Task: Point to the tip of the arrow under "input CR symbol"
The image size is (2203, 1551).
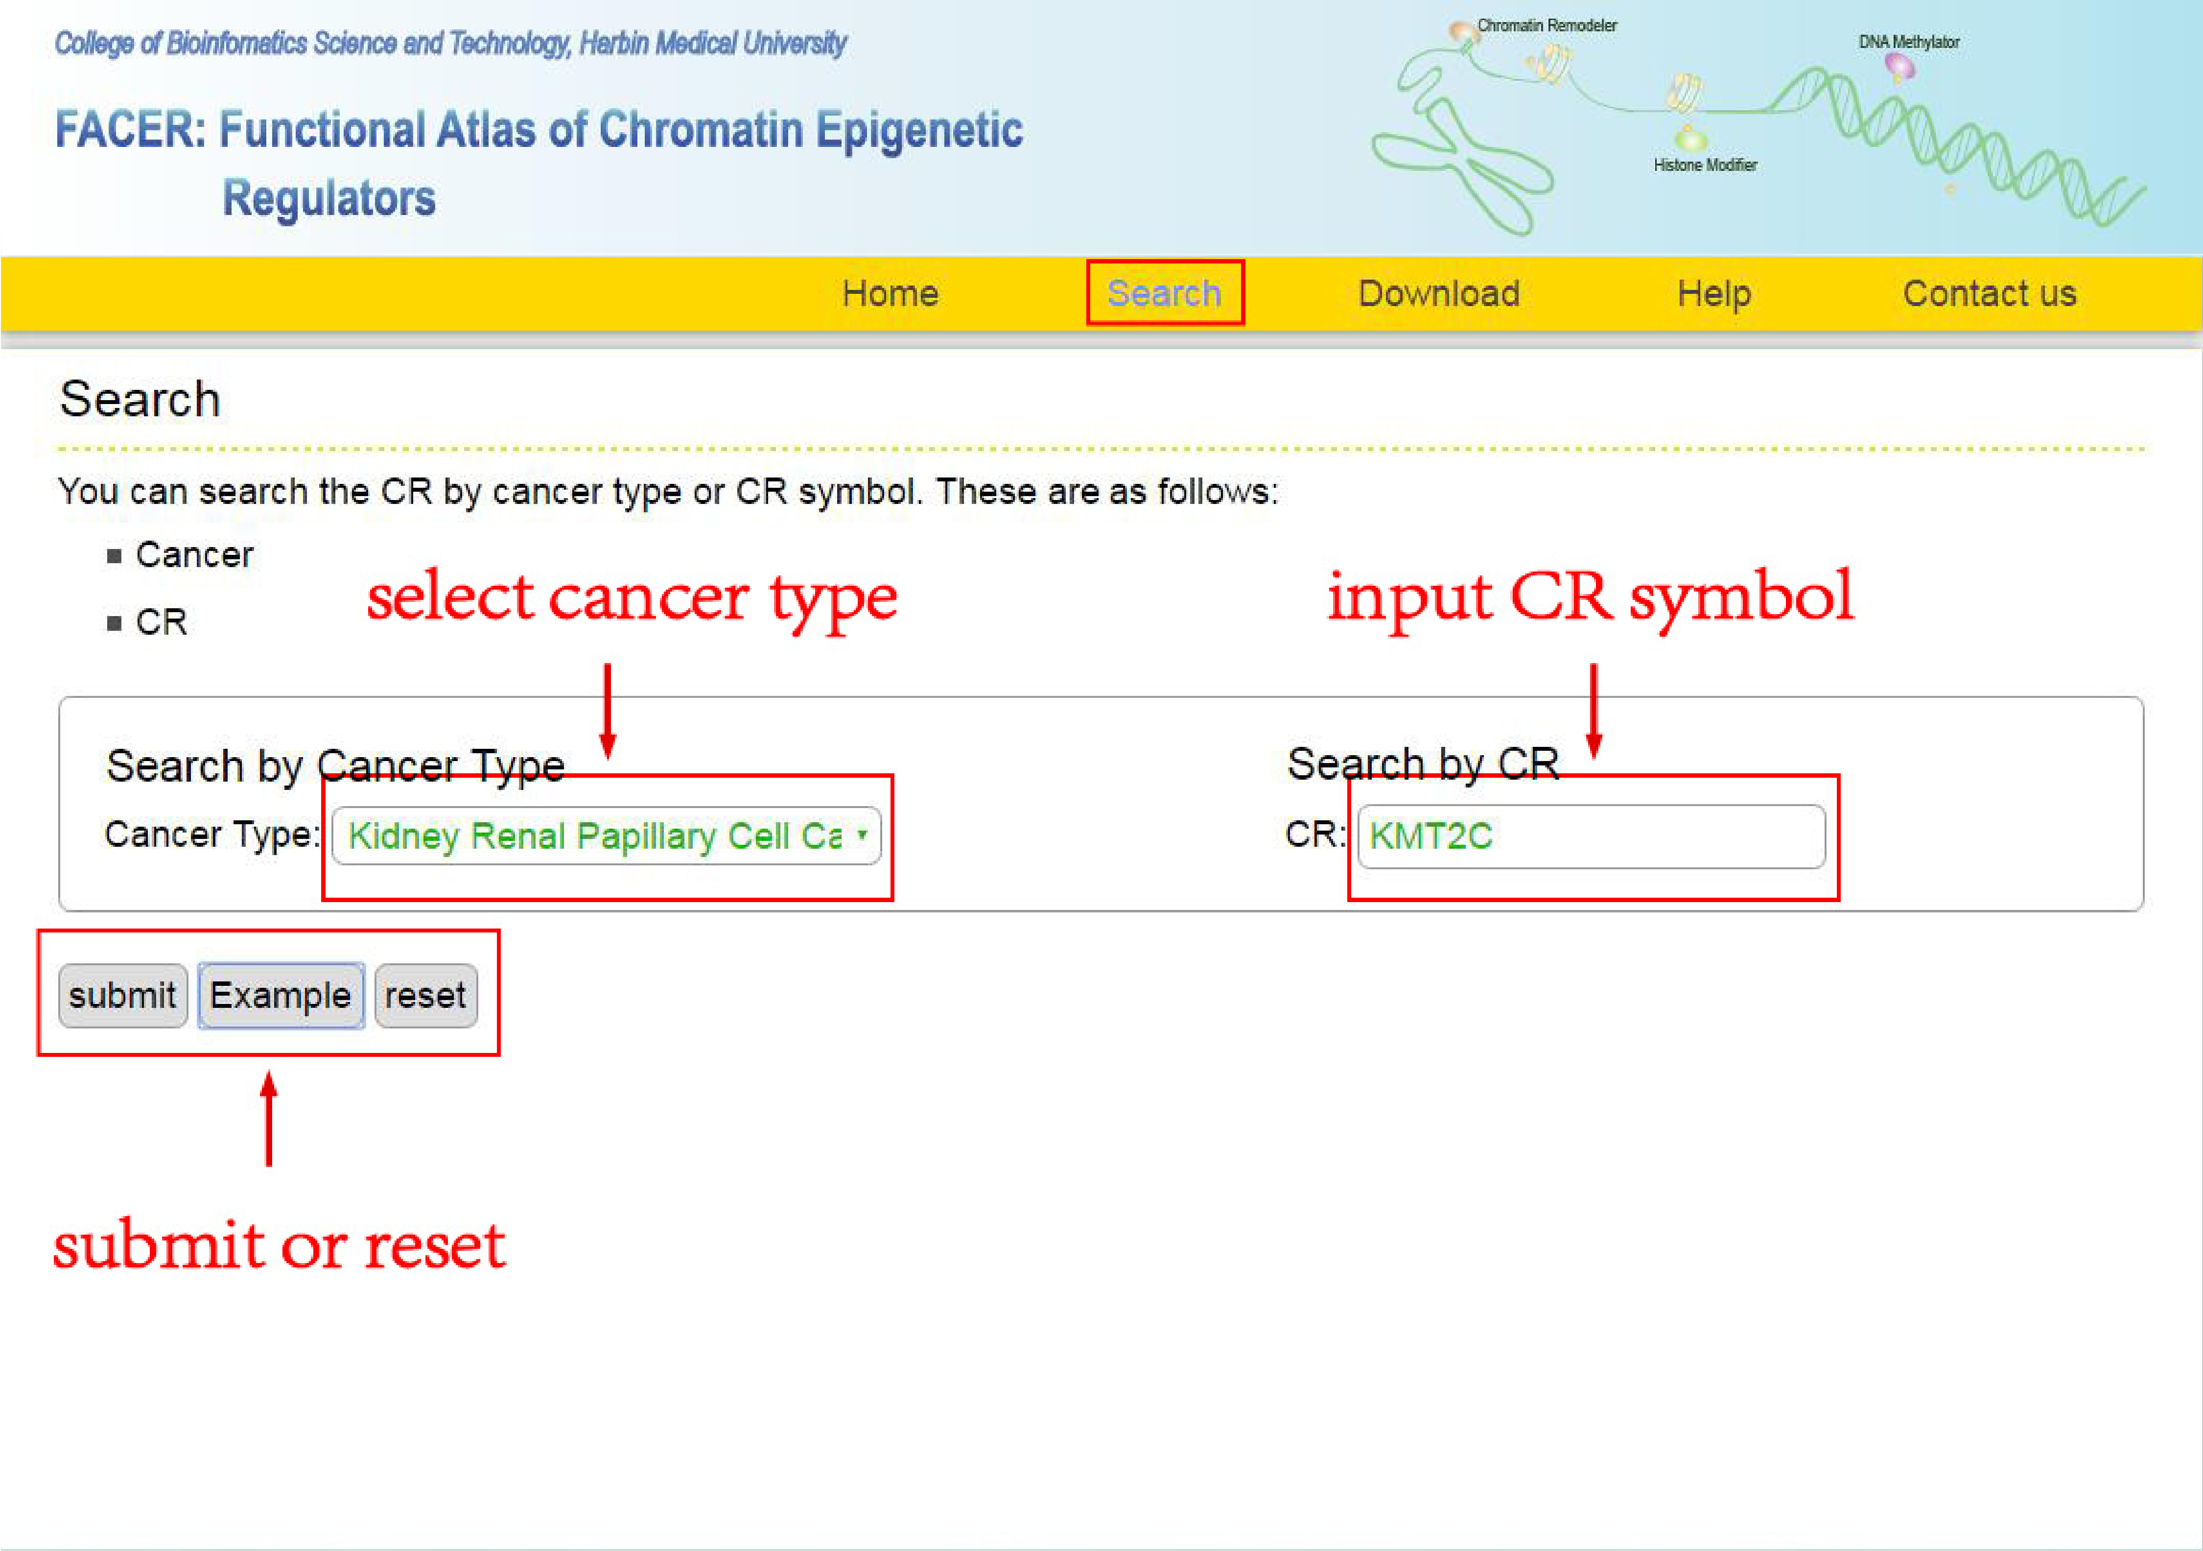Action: click(x=1594, y=757)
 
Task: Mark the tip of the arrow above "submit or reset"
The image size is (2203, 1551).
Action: click(x=269, y=1072)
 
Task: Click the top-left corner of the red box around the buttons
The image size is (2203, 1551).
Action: click(x=38, y=931)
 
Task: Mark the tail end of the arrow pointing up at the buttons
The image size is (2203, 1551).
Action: click(x=269, y=1165)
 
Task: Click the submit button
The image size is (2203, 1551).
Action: click(x=123, y=995)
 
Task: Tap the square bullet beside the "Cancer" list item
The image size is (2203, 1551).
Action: click(x=114, y=556)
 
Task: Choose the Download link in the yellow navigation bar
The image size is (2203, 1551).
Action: click(x=1439, y=293)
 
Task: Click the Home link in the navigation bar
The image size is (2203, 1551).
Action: click(x=891, y=293)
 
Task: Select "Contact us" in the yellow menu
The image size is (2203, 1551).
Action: click(x=1990, y=293)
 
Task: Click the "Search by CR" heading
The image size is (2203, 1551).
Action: click(x=1423, y=764)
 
